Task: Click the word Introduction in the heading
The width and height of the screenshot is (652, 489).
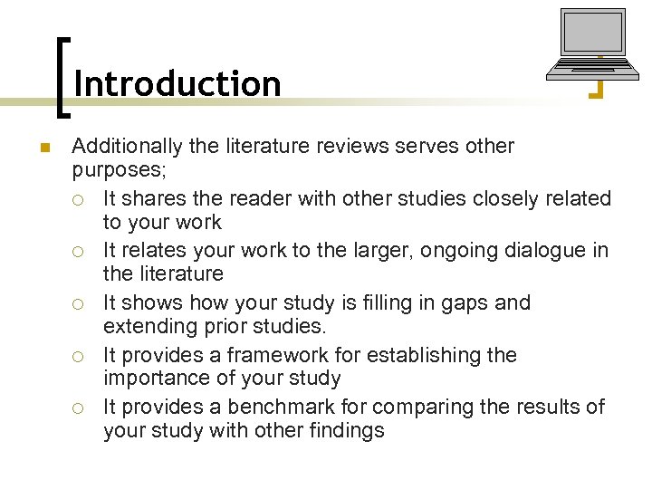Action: click(x=177, y=83)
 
